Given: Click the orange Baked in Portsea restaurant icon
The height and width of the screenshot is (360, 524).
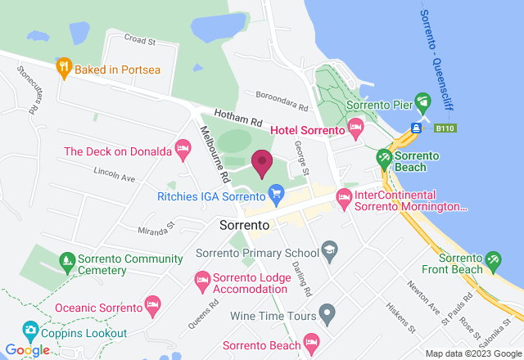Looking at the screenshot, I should (x=63, y=68).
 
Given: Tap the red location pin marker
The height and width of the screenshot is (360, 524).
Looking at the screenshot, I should (x=262, y=163).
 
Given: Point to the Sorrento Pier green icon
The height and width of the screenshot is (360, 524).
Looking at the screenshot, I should (x=422, y=104).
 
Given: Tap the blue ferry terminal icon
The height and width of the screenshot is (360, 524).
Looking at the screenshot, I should (x=417, y=128).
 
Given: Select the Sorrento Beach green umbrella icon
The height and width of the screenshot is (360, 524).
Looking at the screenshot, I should (x=383, y=156).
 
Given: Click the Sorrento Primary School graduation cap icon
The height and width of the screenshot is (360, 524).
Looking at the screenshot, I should (x=328, y=251).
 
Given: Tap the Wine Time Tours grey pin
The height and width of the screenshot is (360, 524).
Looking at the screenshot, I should (x=327, y=312).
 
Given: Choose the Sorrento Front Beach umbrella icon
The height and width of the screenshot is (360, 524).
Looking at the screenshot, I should (x=493, y=261).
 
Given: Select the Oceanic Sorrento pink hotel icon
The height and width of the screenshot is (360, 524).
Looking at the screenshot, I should (x=152, y=306).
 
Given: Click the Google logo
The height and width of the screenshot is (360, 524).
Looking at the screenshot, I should (x=26, y=350).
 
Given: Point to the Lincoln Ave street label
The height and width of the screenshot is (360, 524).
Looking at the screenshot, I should (x=114, y=173).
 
